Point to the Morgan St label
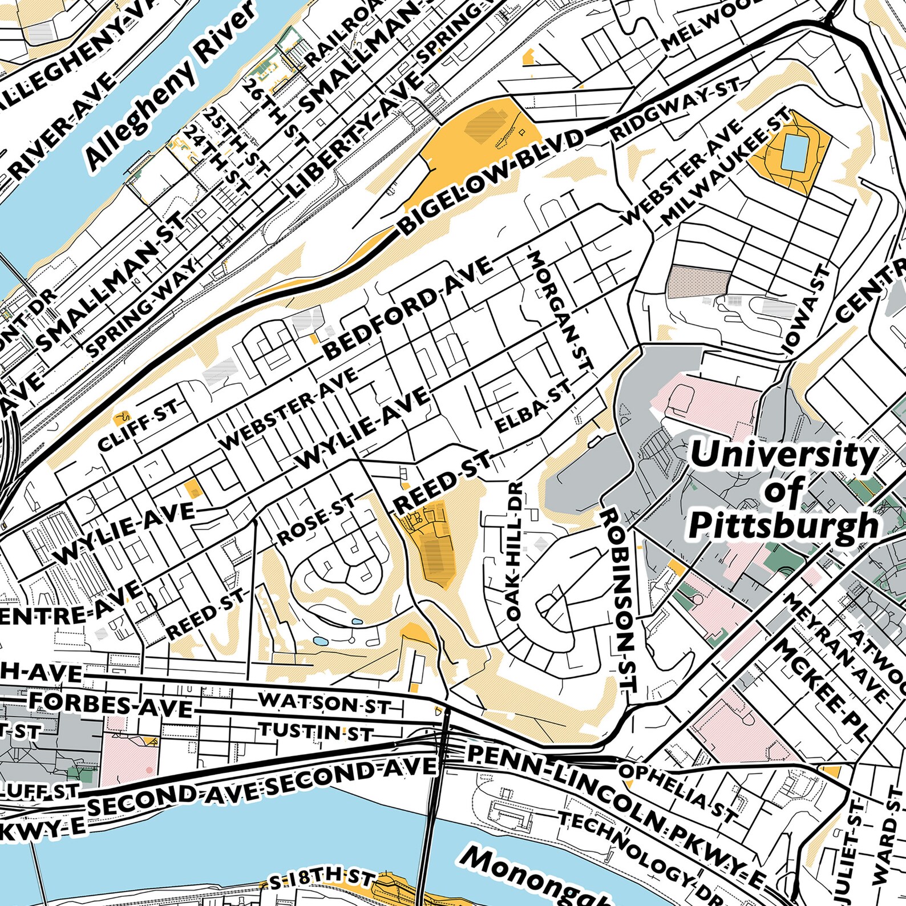561,311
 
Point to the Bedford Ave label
408,308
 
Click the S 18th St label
322,880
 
